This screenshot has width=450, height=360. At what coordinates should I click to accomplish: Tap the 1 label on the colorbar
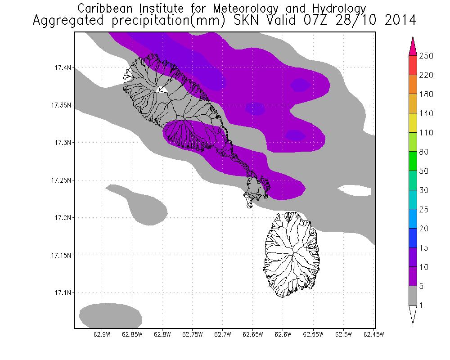coord(423,306)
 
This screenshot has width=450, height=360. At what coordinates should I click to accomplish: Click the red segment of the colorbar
coord(413,65)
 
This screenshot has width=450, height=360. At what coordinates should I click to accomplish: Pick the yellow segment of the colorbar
coord(413,123)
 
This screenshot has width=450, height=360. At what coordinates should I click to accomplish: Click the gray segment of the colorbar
coord(413,296)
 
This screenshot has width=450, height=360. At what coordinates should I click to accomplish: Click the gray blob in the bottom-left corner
coord(110,315)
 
